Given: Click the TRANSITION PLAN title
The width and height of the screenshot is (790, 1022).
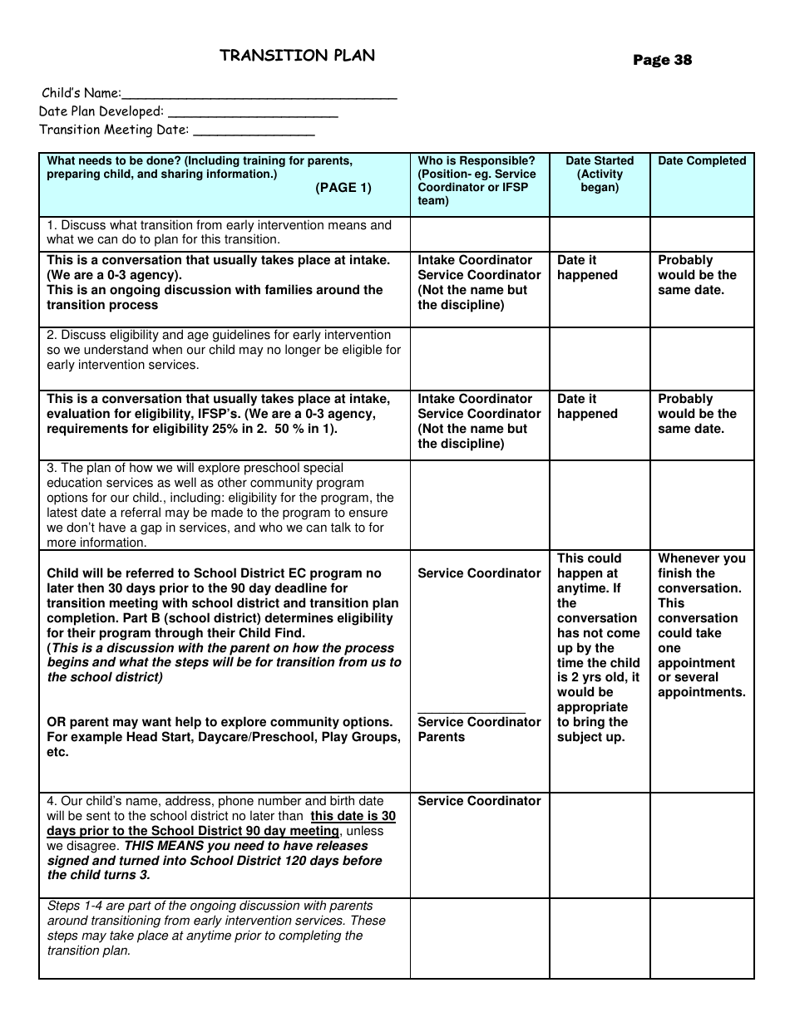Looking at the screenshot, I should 297,56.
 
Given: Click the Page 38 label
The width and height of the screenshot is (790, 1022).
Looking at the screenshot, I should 662,60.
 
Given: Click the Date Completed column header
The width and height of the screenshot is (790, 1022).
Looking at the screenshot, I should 702,161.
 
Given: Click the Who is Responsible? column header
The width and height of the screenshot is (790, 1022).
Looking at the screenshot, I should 476,161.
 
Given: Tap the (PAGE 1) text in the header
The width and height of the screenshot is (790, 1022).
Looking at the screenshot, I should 343,188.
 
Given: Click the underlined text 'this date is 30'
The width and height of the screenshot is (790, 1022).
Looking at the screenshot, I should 353,816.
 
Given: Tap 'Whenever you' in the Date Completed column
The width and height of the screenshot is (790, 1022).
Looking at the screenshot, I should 702,558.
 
